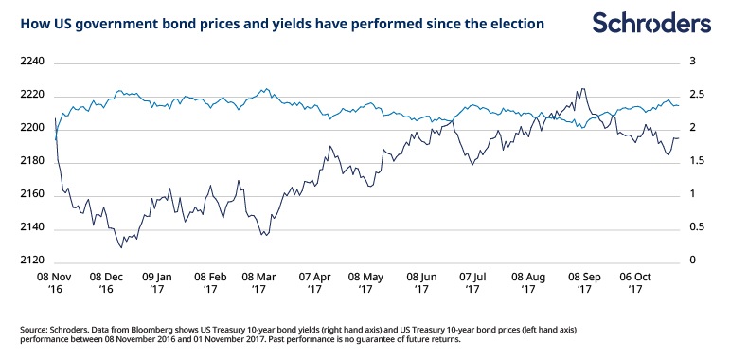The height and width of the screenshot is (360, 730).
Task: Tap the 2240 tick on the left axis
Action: (32, 62)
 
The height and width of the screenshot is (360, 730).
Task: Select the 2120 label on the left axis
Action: (32, 261)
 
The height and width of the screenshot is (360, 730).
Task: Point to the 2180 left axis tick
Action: (32, 162)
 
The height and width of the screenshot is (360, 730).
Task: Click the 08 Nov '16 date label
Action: (55, 282)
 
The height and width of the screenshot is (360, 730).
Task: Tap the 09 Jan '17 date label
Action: (156, 282)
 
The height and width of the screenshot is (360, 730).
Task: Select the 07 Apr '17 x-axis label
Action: (314, 282)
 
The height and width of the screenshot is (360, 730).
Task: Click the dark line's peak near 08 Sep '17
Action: (582, 88)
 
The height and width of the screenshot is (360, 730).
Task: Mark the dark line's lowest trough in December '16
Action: (121, 247)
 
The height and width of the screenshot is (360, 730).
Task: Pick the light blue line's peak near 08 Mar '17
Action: (266, 88)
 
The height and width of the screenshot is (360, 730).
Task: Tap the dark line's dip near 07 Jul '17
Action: (472, 165)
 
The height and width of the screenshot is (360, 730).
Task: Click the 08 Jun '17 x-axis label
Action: (421, 282)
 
